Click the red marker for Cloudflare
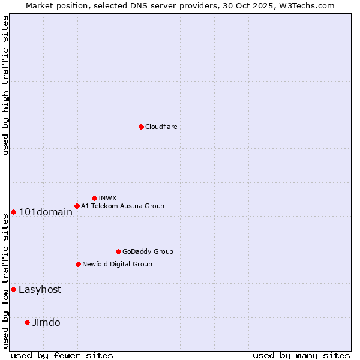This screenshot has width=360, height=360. (141, 127)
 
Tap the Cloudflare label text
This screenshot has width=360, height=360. (161, 127)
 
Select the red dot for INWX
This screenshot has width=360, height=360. (94, 198)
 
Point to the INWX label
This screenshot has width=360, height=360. (107, 198)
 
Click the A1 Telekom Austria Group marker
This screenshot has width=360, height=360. (77, 206)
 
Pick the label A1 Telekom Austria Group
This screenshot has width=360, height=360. (122, 206)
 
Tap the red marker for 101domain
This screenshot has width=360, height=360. (13, 212)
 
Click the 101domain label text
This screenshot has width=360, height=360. (46, 212)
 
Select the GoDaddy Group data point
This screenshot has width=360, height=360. (118, 251)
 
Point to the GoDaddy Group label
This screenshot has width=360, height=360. (148, 251)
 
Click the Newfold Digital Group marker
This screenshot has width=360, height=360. (78, 264)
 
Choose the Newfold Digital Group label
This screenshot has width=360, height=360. (117, 264)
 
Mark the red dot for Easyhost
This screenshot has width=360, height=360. (13, 289)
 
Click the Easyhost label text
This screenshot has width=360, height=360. (40, 289)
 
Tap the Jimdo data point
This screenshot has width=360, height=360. (27, 322)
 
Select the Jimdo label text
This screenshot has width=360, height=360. (46, 322)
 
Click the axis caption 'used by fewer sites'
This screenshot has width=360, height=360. (62, 355)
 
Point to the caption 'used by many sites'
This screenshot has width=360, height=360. (301, 355)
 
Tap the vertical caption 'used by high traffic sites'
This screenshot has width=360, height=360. (5, 85)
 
